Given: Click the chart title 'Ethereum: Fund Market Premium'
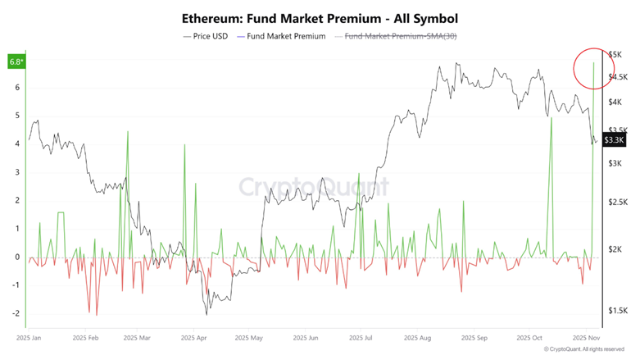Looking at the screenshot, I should tap(320, 17).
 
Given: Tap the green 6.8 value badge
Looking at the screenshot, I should tap(16, 62).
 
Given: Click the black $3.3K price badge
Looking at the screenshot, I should tap(614, 140).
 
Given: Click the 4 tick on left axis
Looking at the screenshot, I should tap(17, 144).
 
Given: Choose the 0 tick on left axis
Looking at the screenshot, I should tap(17, 257).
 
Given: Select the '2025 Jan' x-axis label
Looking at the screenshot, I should tap(30, 337).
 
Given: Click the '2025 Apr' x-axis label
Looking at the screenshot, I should tap(195, 337).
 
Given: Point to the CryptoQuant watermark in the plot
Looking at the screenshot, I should tap(313, 187).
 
